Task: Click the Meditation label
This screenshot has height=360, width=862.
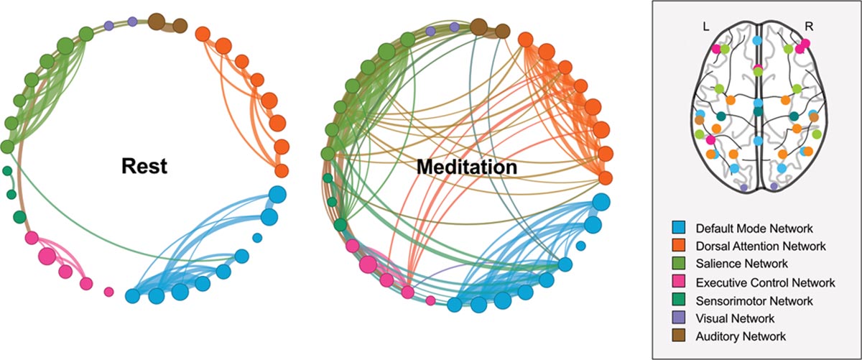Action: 466,167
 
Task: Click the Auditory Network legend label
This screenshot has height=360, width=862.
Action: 741,336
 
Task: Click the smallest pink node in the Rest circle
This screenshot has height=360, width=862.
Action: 109,292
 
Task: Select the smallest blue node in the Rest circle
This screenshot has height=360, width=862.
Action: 257,237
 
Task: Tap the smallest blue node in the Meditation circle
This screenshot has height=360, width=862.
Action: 581,246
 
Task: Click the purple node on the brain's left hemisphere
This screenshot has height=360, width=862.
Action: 743,187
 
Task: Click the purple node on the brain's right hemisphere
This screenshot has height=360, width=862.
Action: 774,187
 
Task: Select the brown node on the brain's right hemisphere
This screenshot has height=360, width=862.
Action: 815,117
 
